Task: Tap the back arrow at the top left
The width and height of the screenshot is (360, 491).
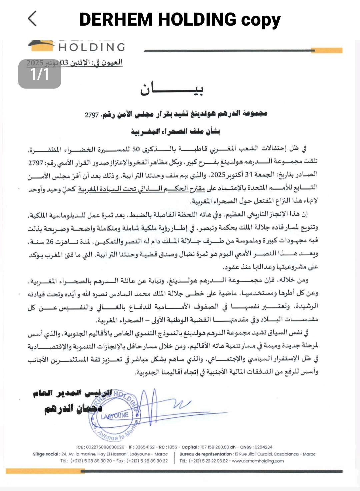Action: (x=32, y=18)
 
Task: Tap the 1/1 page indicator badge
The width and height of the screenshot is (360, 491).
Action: (x=40, y=74)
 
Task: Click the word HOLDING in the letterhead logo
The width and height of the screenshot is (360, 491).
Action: (x=92, y=47)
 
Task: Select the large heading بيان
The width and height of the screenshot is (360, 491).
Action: (x=171, y=89)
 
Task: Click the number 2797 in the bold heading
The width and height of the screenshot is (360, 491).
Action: (x=92, y=115)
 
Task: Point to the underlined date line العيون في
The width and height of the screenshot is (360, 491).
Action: (x=75, y=63)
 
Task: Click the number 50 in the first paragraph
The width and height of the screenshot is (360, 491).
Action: (x=136, y=149)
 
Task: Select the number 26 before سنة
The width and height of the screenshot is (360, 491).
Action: (x=50, y=242)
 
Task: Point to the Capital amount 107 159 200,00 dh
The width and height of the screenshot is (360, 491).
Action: (x=218, y=447)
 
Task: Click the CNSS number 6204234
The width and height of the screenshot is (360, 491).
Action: (x=263, y=447)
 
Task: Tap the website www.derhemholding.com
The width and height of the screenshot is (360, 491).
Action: (x=258, y=461)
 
